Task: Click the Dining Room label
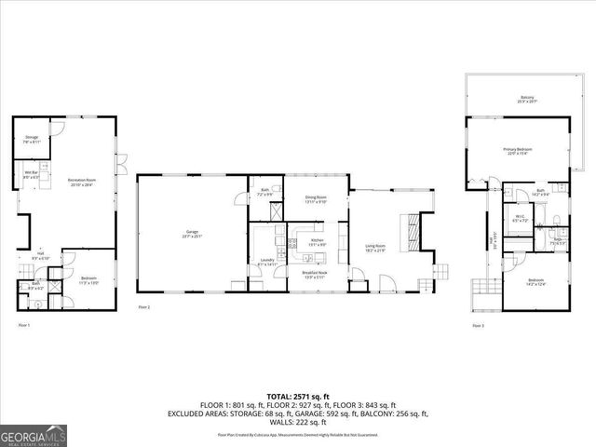pos(317,198)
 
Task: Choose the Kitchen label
pos(317,241)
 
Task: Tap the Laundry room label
pos(267,262)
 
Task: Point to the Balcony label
pos(527,98)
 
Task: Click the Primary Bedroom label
pos(517,151)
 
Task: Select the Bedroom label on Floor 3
pos(535,281)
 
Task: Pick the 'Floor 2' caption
pos(144,306)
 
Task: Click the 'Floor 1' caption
pos(25,325)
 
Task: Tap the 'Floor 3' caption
pos(477,325)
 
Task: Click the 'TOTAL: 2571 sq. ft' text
pos(297,397)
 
